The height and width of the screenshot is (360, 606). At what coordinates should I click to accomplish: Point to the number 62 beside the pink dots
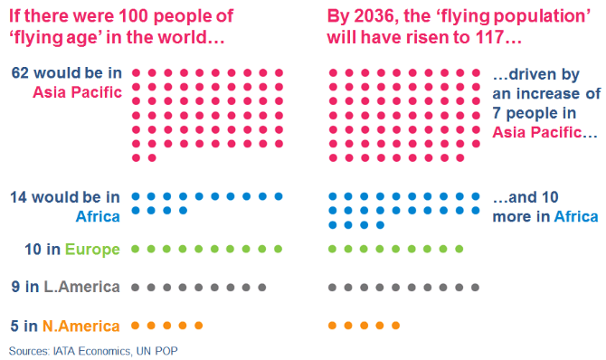18,72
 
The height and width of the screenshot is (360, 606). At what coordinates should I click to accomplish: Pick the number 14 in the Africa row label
18,196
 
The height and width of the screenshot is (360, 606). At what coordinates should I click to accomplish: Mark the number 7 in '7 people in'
498,112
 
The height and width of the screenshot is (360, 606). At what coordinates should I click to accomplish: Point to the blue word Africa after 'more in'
576,216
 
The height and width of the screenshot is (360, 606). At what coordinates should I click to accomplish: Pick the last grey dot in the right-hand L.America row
477,287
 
